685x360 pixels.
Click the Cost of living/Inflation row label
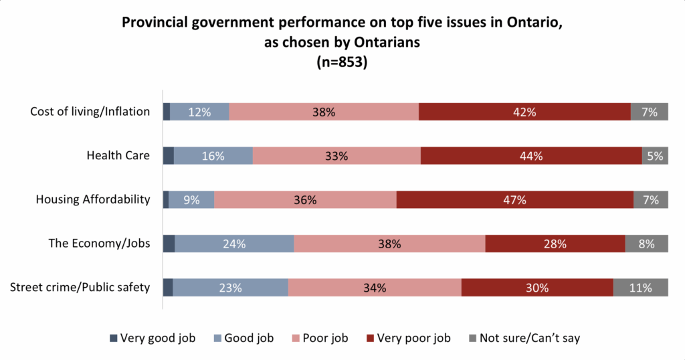(90, 112)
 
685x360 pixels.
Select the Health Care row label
(118, 156)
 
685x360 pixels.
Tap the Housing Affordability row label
(92, 199)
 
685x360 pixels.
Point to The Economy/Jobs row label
(99, 244)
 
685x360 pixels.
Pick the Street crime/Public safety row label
(80, 288)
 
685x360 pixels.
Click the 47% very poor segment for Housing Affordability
(515, 199)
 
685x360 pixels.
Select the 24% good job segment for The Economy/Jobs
(234, 244)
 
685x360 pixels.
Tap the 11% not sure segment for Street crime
(641, 288)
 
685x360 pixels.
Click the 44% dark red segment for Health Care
(531, 156)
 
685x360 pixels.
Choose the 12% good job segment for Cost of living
(199, 112)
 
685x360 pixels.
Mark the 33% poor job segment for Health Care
(336, 156)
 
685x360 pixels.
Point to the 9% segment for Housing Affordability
(191, 199)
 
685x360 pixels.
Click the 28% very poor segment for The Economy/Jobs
(555, 244)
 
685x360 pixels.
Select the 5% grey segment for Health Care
(655, 156)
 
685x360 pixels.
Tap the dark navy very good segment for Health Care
(169, 156)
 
